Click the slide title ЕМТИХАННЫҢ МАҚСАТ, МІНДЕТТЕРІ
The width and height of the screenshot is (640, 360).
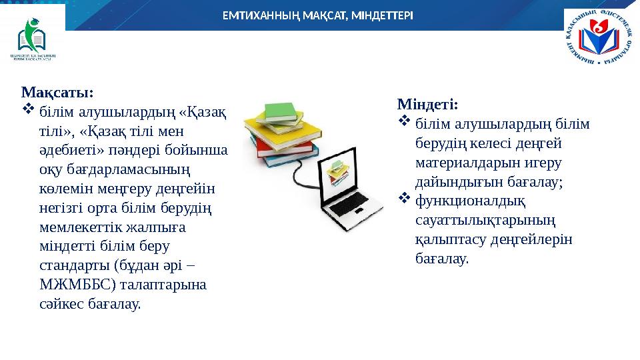(317, 15)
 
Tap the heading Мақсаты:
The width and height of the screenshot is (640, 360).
(57, 91)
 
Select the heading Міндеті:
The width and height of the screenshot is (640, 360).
(427, 105)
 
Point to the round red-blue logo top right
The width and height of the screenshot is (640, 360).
(599, 39)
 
